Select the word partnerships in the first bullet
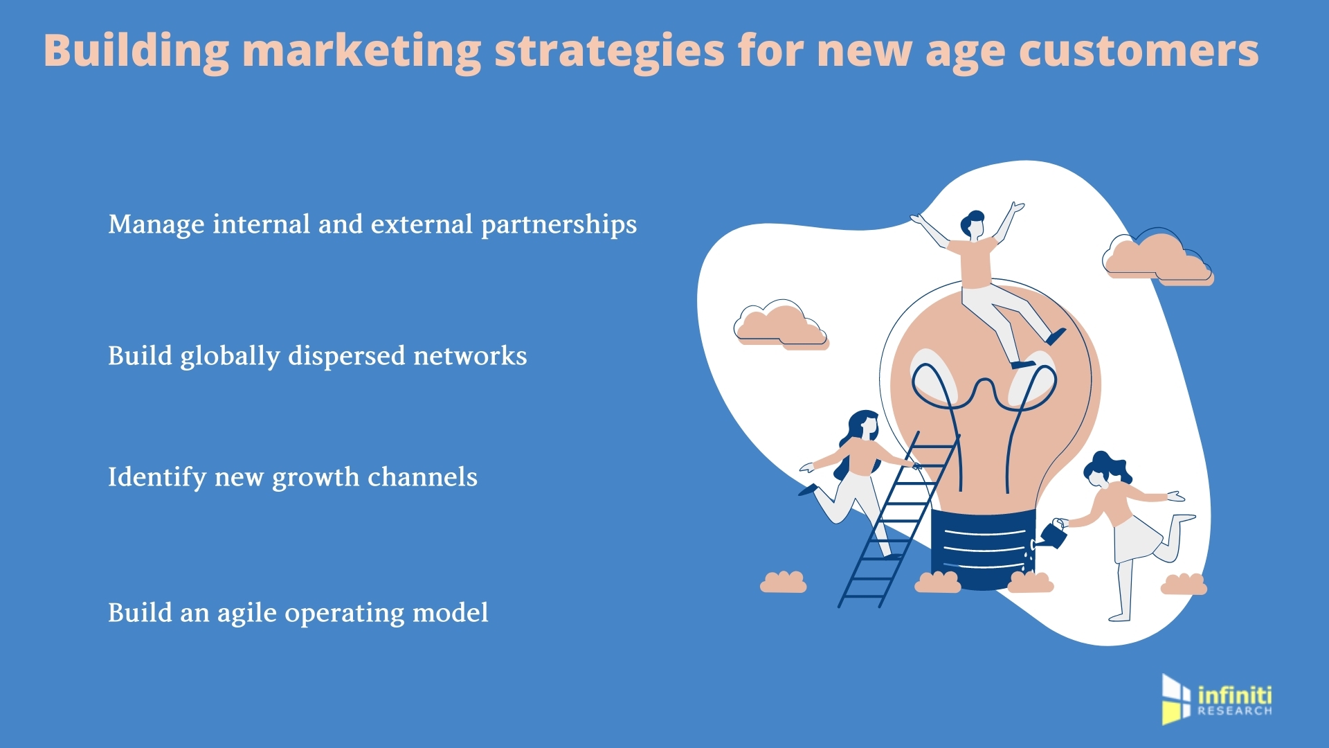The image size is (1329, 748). tap(558, 224)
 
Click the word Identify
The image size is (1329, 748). tap(157, 477)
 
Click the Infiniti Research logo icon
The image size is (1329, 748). tap(1176, 699)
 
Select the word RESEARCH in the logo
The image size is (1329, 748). tap(1235, 711)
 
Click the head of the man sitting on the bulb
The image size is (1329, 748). tap(973, 224)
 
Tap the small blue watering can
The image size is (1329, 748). tap(1053, 534)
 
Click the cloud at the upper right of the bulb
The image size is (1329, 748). tap(1156, 258)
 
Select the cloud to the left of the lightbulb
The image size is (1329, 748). tap(780, 324)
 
